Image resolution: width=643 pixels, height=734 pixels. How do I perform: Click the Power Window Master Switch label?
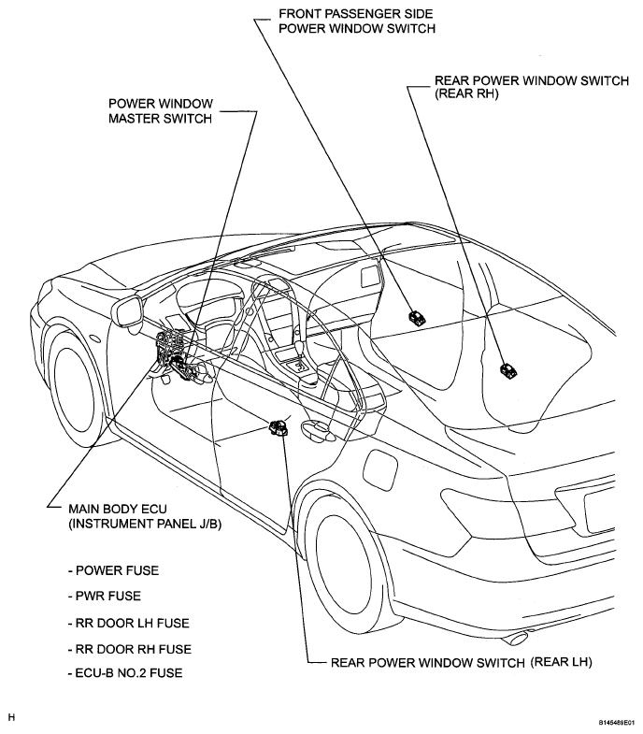point(161,111)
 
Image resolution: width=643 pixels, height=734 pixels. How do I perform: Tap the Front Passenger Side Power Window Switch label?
point(357,22)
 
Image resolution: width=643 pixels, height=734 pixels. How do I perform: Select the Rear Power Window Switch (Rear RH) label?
point(532,87)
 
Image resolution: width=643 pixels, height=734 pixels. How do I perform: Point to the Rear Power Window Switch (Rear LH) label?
point(461,662)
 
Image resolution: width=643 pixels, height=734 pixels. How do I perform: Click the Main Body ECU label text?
point(145,516)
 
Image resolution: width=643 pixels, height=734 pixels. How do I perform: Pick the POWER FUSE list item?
point(113,570)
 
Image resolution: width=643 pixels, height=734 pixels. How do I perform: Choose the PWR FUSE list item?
point(105,596)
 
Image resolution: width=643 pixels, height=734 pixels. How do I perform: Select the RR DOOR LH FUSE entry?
point(129,623)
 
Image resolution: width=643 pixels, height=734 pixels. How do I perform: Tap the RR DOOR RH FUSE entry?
point(130,649)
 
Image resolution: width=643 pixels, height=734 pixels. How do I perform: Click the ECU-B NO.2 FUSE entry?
point(125,672)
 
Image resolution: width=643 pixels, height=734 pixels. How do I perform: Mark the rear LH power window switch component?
point(279,428)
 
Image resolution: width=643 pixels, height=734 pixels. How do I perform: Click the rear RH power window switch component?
point(508,371)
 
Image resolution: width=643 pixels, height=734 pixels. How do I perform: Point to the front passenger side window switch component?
point(418,317)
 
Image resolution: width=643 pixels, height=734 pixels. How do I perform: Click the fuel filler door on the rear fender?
point(379,469)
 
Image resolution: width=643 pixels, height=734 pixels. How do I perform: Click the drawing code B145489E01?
point(616,723)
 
